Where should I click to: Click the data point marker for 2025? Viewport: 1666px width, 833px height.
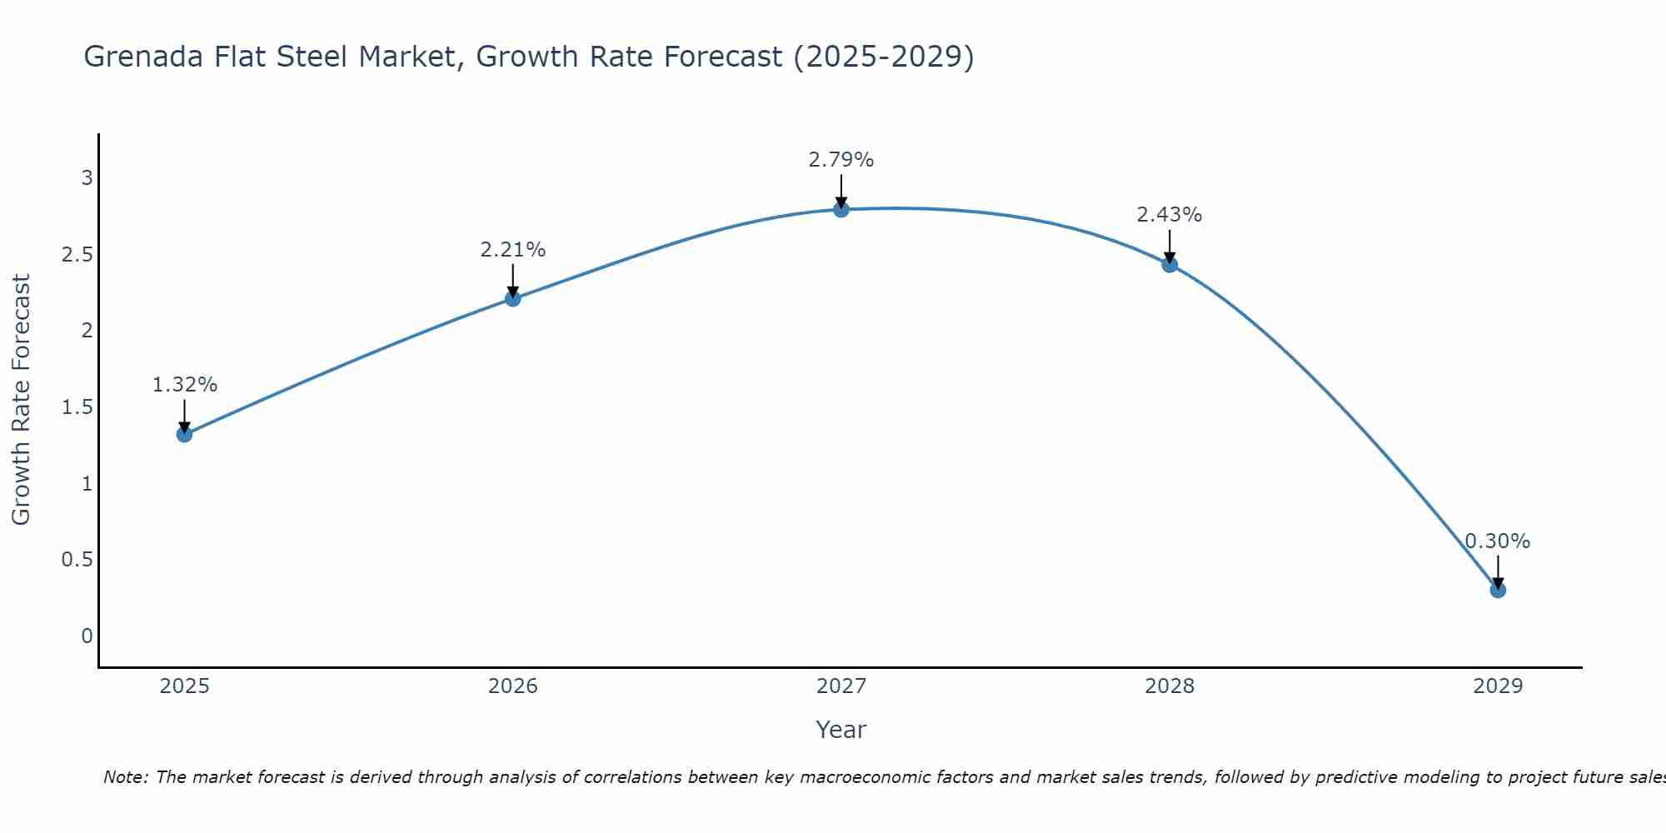point(185,434)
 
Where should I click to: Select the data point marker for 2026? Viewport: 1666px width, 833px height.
point(513,298)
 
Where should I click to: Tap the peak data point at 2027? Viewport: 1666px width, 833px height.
point(841,209)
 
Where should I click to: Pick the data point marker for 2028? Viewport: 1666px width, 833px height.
point(1170,265)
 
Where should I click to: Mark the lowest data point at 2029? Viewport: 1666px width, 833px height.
point(1498,590)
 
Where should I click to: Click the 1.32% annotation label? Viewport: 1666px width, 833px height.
point(185,385)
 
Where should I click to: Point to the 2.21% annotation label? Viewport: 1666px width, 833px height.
point(513,249)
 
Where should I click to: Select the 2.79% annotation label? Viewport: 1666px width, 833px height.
point(841,160)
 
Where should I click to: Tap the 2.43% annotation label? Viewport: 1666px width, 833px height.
point(1170,215)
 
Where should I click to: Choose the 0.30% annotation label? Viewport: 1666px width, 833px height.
point(1498,541)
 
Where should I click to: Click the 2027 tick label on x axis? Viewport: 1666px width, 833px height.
point(841,686)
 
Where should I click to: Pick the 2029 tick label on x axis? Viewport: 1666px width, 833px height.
point(1498,686)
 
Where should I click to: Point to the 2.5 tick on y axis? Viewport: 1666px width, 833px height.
point(77,254)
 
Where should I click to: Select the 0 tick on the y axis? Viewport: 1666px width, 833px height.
point(87,636)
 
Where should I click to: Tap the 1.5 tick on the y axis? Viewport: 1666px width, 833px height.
point(77,407)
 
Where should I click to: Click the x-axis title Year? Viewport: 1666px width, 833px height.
point(841,730)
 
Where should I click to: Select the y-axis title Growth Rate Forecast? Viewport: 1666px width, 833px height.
point(22,400)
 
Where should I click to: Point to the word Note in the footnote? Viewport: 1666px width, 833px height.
point(125,777)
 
